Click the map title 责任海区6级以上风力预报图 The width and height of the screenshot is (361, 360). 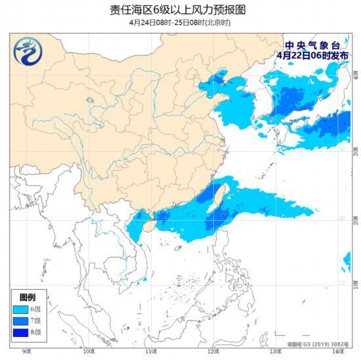click(x=180, y=9)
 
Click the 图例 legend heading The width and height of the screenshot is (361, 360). click(x=27, y=298)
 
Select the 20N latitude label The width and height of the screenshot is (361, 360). click(x=356, y=219)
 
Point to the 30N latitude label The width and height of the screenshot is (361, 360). click(x=356, y=150)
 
